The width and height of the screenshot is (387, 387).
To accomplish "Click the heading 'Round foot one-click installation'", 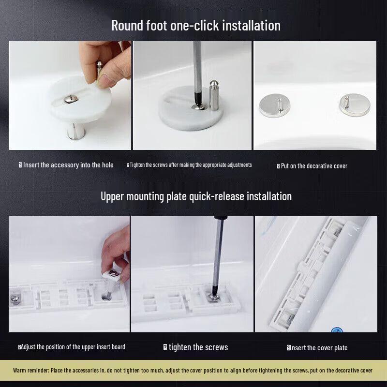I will tap(196, 25).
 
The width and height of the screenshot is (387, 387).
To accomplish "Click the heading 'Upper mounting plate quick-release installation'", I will tap(196, 196).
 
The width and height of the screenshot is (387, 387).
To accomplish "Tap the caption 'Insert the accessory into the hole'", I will tap(68, 165).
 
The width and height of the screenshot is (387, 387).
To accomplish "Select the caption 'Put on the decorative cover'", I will tap(313, 166).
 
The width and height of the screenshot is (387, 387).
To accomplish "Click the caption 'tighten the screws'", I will tap(198, 347).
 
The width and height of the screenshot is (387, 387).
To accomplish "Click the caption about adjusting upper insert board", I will tap(73, 347).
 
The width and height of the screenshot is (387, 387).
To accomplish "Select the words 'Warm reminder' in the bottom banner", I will tap(31, 371).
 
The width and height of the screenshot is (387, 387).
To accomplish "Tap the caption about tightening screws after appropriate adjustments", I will tap(190, 165).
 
